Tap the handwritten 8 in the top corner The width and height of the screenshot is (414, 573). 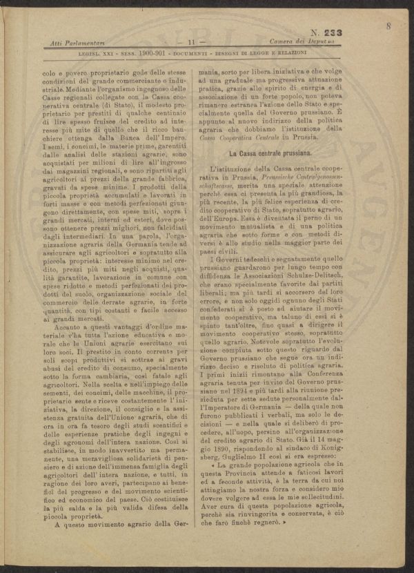(390, 26)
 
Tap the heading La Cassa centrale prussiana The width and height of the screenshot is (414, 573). (273, 152)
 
